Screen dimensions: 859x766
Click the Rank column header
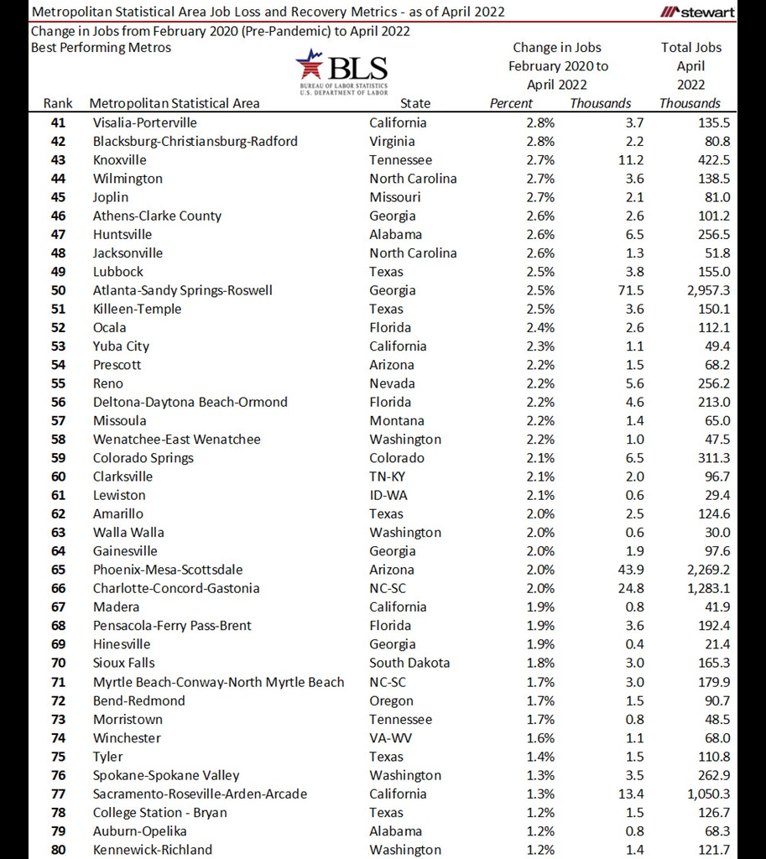click(58, 103)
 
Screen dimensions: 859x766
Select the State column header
click(415, 103)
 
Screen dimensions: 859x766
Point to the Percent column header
click(511, 103)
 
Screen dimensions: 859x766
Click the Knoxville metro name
click(120, 159)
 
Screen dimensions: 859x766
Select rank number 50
click(58, 290)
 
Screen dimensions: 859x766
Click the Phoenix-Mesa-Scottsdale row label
click(168, 570)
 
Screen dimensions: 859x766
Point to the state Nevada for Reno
click(392, 383)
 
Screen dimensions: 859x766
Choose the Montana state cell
click(396, 420)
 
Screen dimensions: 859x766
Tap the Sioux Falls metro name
click(124, 663)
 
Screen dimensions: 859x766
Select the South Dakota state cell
click(409, 663)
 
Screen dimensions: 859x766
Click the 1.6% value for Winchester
click(540, 737)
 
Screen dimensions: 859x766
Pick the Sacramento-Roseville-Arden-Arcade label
click(200, 794)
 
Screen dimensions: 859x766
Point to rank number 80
click(58, 849)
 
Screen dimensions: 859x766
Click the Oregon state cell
click(391, 700)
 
